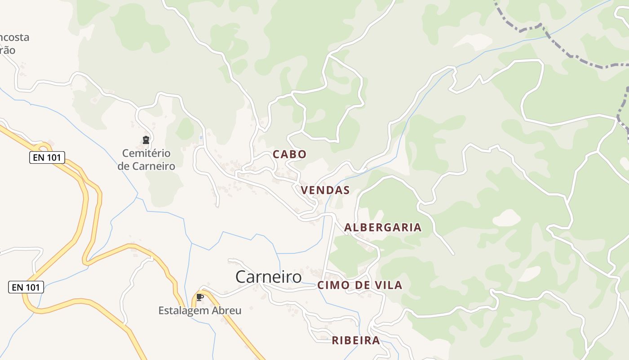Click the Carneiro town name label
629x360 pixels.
point(268,277)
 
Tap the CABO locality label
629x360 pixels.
point(290,154)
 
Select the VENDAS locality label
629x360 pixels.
point(325,190)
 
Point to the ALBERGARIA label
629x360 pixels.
point(383,227)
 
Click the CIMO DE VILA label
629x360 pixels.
point(360,285)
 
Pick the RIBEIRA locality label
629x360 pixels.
point(356,340)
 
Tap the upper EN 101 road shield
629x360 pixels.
point(47,157)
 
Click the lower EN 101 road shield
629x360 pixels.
point(26,287)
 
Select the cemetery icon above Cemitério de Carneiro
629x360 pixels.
point(146,140)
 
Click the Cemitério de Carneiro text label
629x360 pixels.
point(146,159)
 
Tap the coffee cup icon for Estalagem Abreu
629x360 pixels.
point(200,297)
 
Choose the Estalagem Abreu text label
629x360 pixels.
point(200,310)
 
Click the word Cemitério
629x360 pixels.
point(146,153)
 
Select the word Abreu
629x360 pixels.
point(228,310)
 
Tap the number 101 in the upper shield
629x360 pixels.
point(54,157)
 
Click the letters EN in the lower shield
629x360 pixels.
point(18,287)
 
